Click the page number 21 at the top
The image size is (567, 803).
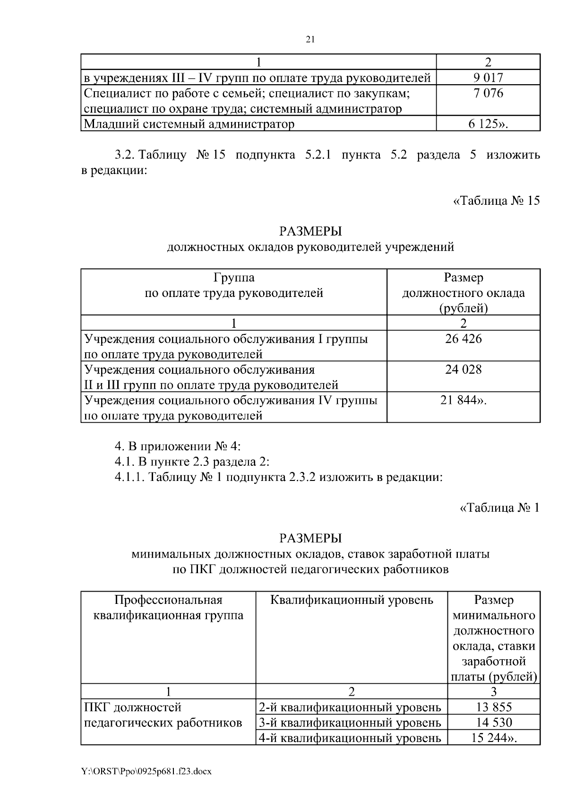point(310,40)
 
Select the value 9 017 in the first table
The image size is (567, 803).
point(488,78)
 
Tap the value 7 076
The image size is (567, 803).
point(488,93)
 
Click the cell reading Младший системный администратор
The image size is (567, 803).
point(189,124)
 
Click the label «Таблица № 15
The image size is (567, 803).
point(497,201)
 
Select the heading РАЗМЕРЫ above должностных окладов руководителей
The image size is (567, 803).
point(310,231)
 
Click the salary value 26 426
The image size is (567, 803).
point(463,339)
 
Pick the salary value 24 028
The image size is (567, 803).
point(463,369)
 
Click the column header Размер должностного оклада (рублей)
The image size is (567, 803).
point(463,293)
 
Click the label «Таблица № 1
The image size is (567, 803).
point(499,507)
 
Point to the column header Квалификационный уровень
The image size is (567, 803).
point(352,600)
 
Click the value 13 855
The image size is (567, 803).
point(494,707)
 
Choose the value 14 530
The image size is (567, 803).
point(494,723)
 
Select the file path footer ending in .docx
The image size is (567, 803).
point(146,771)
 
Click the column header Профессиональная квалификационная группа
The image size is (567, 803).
point(168,608)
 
